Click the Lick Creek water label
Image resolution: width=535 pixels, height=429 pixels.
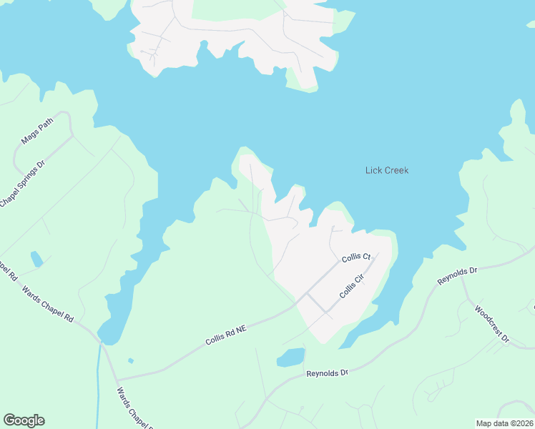(x=386, y=170)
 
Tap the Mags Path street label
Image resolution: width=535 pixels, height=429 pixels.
(x=37, y=131)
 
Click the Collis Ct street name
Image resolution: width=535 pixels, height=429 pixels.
(x=355, y=257)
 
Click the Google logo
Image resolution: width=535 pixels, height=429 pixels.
(x=24, y=420)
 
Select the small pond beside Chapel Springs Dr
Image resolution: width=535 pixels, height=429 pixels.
(x=36, y=259)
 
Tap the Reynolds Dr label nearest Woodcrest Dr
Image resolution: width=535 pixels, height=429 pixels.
(x=457, y=276)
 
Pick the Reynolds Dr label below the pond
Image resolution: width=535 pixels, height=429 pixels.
(x=326, y=373)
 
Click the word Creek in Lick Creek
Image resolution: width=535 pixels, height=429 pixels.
(x=397, y=170)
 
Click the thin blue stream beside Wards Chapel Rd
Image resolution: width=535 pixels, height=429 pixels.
(x=98, y=386)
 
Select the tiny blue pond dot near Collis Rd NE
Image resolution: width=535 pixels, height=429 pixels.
(x=130, y=360)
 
